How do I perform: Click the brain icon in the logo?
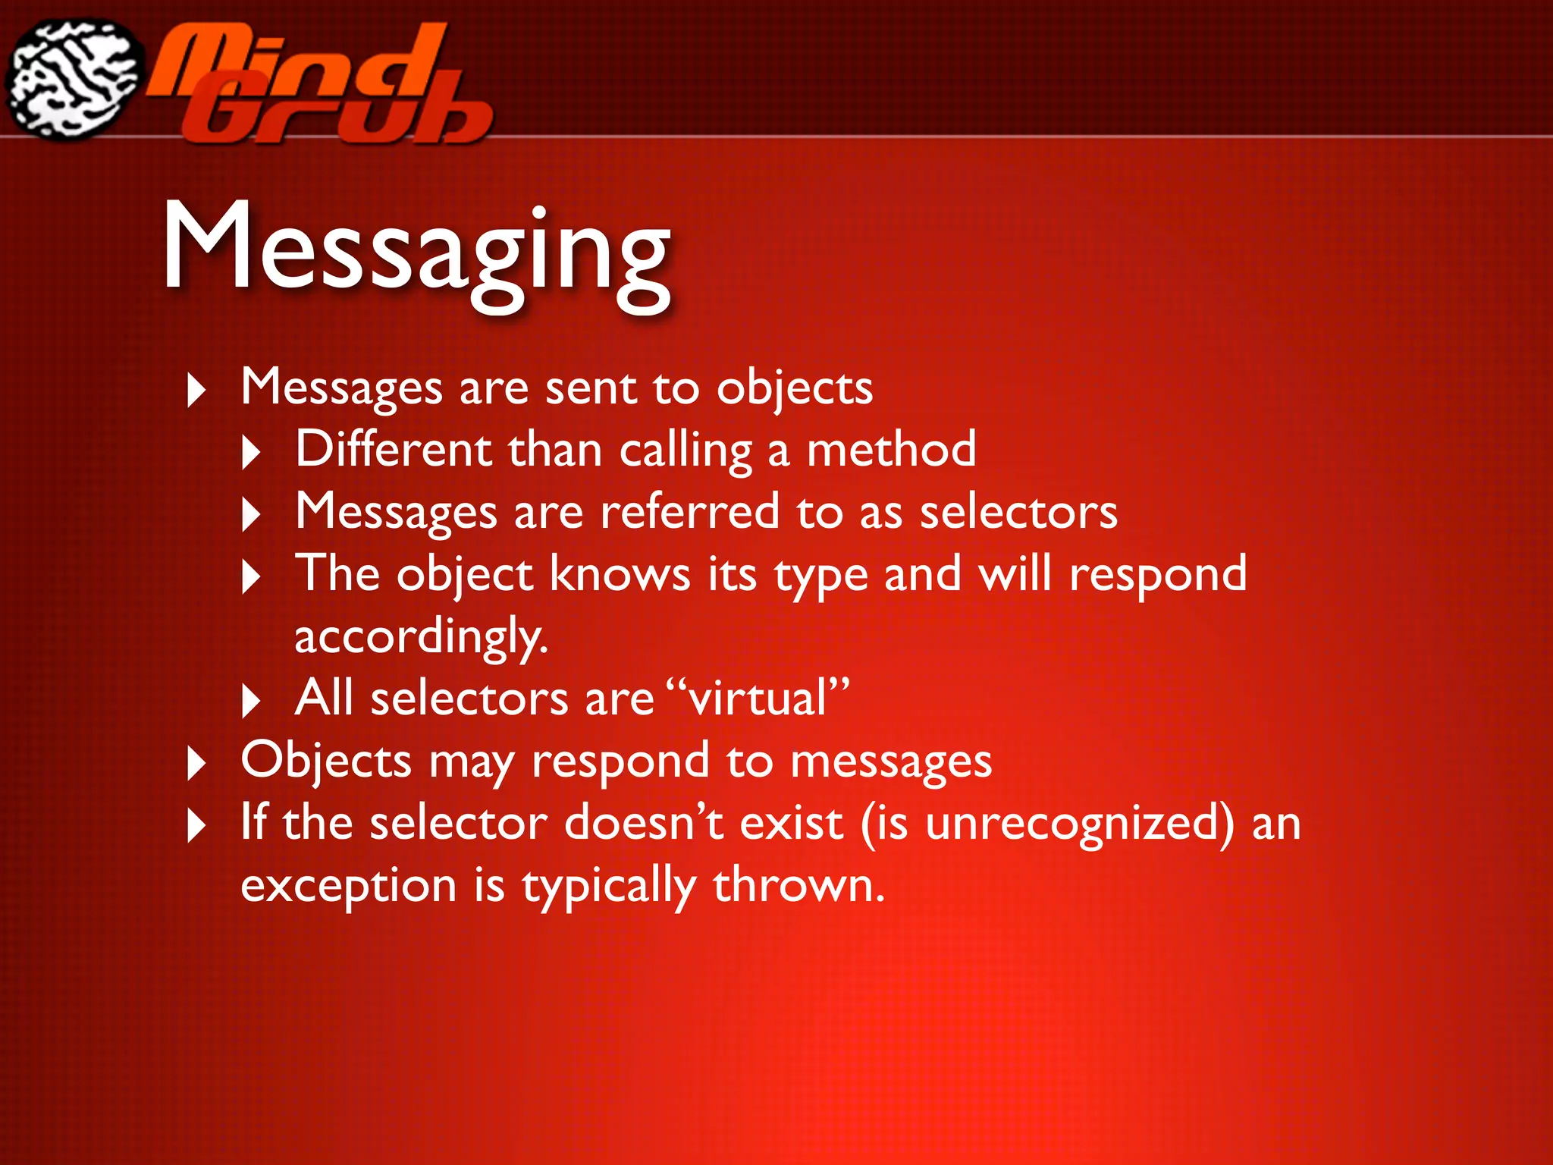click(74, 79)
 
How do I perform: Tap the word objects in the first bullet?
click(795, 389)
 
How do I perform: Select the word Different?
click(393, 449)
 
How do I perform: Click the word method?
click(891, 449)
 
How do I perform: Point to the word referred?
click(689, 511)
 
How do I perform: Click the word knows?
click(620, 574)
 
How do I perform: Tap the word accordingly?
click(420, 636)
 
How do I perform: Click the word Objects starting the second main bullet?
click(326, 761)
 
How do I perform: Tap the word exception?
click(348, 886)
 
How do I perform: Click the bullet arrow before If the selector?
click(196, 826)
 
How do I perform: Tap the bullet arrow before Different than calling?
click(251, 453)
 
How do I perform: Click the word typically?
click(608, 886)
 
